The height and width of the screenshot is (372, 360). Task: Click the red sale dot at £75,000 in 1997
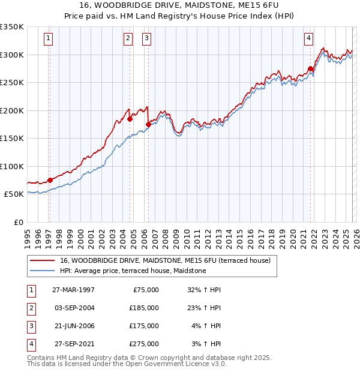(x=50, y=180)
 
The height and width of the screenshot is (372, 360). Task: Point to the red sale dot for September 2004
(x=130, y=119)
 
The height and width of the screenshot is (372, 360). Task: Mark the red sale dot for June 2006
(x=148, y=125)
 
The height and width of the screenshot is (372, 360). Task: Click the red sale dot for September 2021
(x=311, y=69)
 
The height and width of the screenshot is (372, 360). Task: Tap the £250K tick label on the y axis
(x=12, y=82)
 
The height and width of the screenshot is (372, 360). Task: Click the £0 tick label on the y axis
(x=18, y=222)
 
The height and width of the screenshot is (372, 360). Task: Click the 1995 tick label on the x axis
(x=28, y=235)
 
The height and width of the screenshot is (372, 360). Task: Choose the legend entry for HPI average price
(x=133, y=271)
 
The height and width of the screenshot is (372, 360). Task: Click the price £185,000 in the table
(x=144, y=308)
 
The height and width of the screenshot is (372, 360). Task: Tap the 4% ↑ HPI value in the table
(x=206, y=326)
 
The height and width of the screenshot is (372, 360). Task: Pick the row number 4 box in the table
(x=31, y=344)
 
